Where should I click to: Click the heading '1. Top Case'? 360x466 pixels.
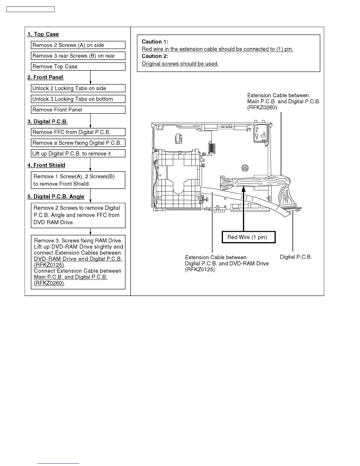click(43, 34)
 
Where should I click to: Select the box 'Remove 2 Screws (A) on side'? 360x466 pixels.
click(78, 45)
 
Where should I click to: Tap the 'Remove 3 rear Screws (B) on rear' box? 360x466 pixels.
click(78, 56)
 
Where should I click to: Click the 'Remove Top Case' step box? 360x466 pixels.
click(78, 66)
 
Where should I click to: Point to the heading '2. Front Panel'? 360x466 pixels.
click(45, 77)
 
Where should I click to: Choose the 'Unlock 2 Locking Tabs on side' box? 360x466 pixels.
click(78, 88)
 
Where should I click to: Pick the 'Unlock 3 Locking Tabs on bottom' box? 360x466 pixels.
click(78, 99)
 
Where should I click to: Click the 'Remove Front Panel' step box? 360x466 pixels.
click(78, 110)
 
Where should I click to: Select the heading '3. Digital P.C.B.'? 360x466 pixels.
click(48, 122)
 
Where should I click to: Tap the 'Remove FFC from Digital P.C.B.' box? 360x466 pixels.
click(78, 132)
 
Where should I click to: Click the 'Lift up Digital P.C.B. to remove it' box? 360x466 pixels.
click(78, 154)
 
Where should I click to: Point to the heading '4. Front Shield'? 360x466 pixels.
click(46, 165)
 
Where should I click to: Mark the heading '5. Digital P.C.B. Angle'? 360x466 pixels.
click(56, 197)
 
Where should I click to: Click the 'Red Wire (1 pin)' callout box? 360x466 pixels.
click(249, 237)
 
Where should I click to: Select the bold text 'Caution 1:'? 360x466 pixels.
click(155, 42)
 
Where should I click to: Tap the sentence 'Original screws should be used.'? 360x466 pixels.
click(180, 64)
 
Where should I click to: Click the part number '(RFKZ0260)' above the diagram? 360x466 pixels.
click(262, 107)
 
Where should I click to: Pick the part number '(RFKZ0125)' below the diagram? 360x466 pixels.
click(200, 269)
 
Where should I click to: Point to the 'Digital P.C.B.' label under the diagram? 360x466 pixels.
click(296, 257)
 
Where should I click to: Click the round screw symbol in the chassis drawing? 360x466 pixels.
click(245, 168)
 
